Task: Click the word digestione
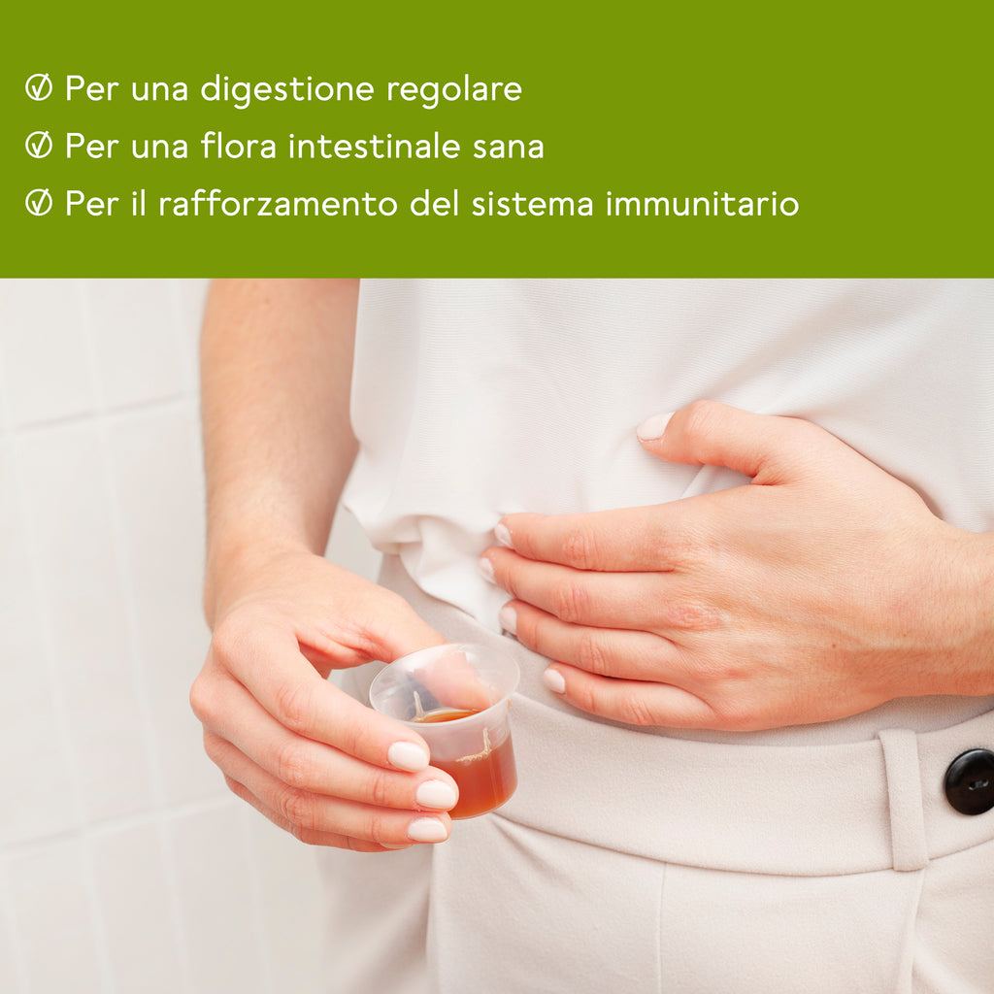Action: coord(287,89)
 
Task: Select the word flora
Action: coord(239,146)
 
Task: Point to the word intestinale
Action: coord(374,146)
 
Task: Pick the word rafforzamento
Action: coord(277,203)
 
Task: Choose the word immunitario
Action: coord(702,204)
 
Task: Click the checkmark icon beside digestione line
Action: coord(39,87)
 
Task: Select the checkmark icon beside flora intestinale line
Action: coord(39,145)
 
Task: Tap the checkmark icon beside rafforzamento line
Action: coord(39,202)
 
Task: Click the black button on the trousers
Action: coord(970,781)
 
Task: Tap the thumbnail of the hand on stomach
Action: coord(655,426)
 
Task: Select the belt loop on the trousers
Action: coord(902,800)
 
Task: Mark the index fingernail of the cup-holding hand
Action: coord(409,756)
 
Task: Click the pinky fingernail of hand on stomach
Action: coord(554,680)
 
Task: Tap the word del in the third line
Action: coord(434,203)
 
